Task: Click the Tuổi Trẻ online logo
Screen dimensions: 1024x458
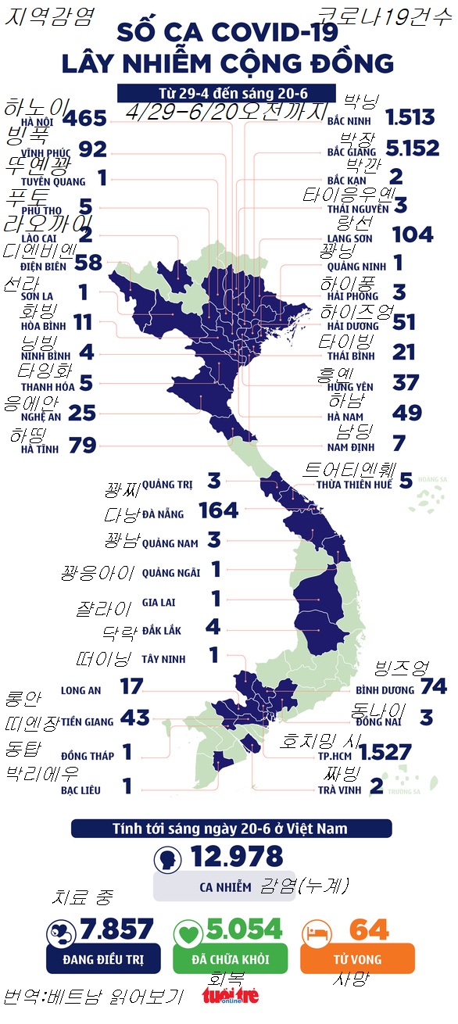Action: point(230,996)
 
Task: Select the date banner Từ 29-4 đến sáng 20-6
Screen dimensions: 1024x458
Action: point(227,93)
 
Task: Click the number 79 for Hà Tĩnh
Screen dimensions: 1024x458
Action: point(82,446)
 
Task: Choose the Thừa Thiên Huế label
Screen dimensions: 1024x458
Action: point(353,485)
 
